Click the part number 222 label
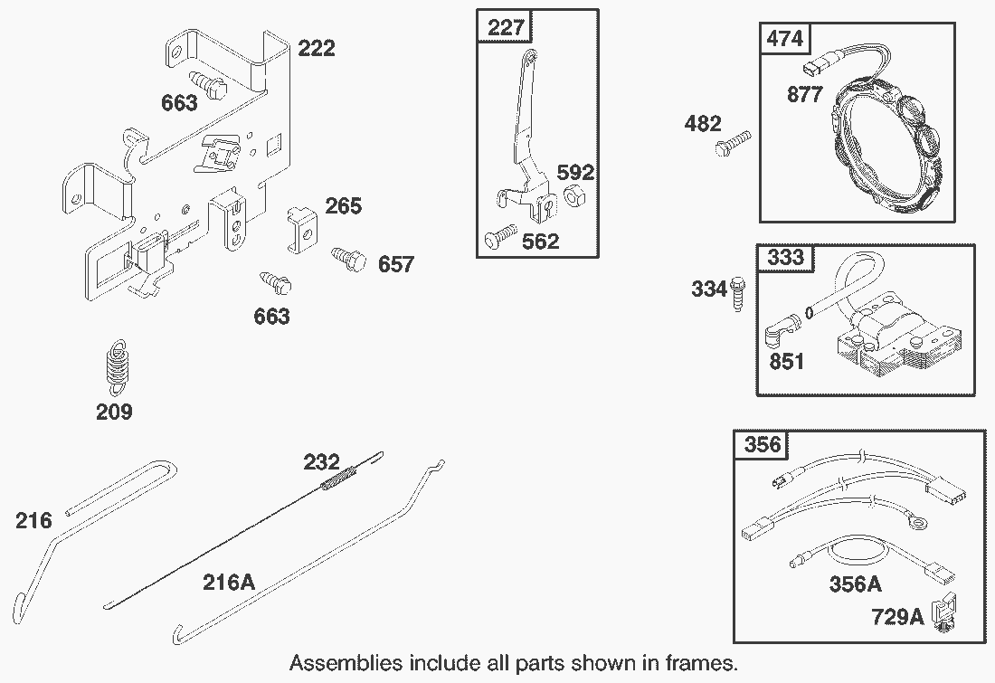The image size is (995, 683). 316,48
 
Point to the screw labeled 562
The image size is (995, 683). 499,239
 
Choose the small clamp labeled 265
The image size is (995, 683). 302,232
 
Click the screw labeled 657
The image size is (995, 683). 349,259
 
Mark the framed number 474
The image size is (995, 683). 786,40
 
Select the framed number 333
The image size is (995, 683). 785,258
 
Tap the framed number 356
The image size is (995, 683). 762,445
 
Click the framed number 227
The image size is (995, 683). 506,27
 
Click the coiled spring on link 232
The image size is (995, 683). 337,476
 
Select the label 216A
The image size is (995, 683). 228,582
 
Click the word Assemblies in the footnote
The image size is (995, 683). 345,663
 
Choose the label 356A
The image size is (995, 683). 855,584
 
